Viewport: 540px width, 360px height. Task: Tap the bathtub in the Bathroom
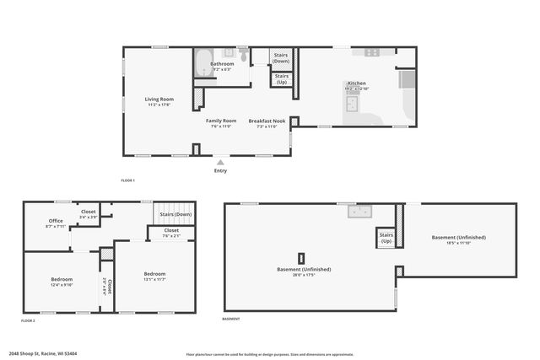pyautogui.click(x=202, y=65)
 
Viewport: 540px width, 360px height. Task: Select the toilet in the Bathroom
pyautogui.click(x=242, y=56)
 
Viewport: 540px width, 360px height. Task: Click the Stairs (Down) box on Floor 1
pyautogui.click(x=281, y=57)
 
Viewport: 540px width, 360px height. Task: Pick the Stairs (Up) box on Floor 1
pyautogui.click(x=281, y=78)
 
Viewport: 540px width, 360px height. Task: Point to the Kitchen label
pyautogui.click(x=356, y=83)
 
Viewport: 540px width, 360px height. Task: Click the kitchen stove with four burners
pyautogui.click(x=372, y=52)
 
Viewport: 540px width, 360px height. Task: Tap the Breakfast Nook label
pyautogui.click(x=267, y=121)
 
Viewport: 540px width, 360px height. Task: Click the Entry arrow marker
pyautogui.click(x=220, y=162)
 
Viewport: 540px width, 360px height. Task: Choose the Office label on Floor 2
pyautogui.click(x=56, y=221)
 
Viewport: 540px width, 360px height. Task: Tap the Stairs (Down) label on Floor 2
pyautogui.click(x=175, y=214)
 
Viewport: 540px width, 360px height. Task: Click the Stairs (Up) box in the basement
pyautogui.click(x=386, y=239)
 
